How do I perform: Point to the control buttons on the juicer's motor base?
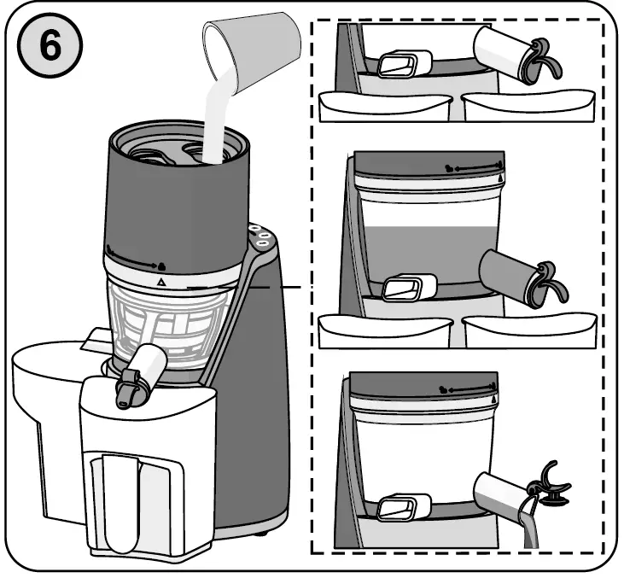258,236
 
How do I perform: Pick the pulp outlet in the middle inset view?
401,288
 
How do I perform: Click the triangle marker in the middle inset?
500,181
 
